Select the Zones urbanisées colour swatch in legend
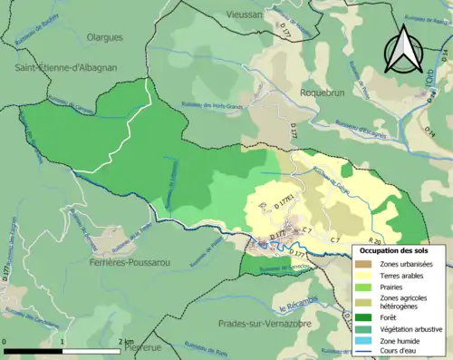pyautogui.click(x=364, y=264)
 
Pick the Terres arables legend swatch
pyautogui.click(x=364, y=277)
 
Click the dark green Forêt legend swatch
pyautogui.click(x=364, y=316)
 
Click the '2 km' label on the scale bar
pyautogui.click(x=126, y=341)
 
